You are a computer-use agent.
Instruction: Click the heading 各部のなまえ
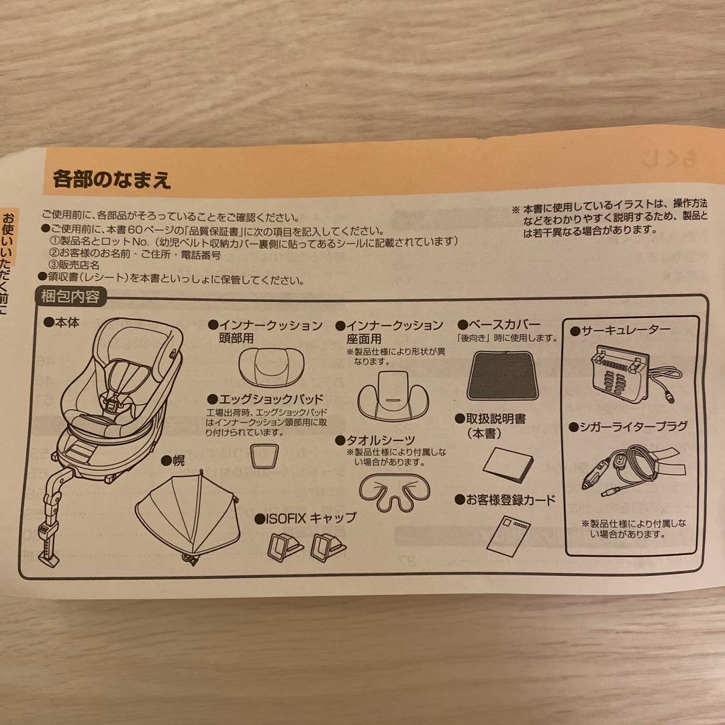[x=112, y=180]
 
